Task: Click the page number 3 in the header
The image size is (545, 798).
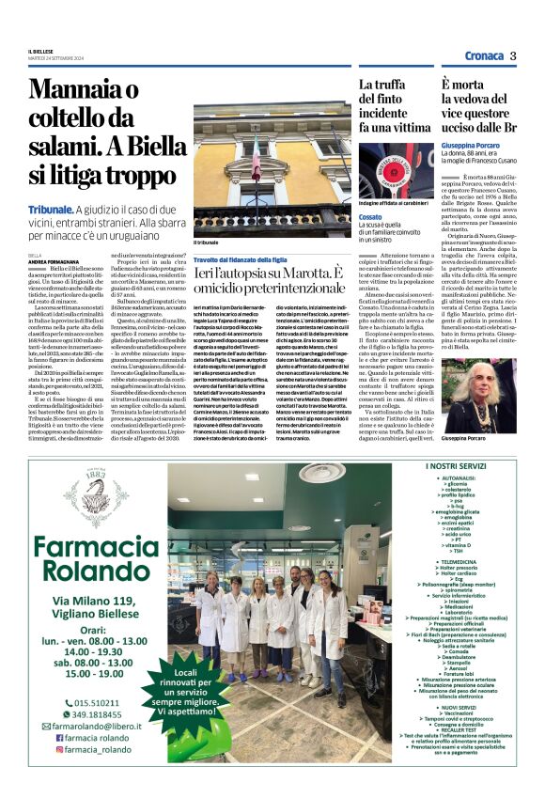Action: (x=514, y=55)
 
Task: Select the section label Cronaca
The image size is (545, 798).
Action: (x=482, y=55)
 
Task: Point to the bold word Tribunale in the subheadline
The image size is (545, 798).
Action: (x=51, y=208)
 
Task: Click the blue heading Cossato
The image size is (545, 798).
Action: (x=371, y=217)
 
